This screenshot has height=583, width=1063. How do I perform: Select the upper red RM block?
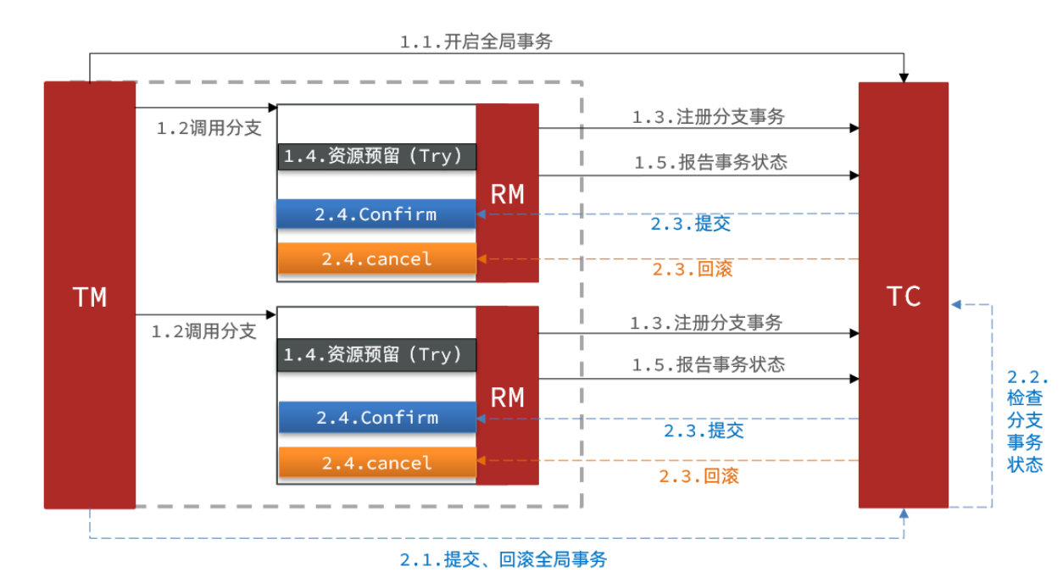click(507, 193)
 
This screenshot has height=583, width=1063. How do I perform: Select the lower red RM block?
click(507, 396)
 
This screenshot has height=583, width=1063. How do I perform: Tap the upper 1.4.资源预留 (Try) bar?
click(376, 157)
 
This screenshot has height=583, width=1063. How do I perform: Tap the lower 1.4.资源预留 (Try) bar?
click(376, 355)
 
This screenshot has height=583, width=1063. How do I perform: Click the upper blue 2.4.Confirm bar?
click(376, 214)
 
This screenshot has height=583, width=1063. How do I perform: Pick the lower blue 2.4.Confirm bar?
click(376, 417)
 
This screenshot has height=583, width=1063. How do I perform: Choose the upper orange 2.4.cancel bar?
click(376, 258)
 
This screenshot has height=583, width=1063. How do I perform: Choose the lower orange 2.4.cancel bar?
click(376, 463)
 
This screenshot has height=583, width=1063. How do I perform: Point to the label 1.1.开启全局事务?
click(476, 42)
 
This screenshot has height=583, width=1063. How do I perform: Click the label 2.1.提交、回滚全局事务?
click(504, 560)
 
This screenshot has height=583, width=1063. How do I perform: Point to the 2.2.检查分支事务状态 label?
click(1026, 421)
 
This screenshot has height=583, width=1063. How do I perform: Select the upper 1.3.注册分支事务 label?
click(708, 118)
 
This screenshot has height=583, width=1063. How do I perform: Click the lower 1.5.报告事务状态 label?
click(708, 365)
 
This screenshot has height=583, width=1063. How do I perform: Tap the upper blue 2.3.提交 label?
click(691, 225)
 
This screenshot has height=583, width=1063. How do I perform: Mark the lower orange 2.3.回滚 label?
click(699, 476)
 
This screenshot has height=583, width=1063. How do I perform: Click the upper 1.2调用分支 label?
click(209, 129)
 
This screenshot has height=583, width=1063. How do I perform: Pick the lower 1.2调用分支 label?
click(203, 331)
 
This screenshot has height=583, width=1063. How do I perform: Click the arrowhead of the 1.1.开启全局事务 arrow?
click(904, 77)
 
